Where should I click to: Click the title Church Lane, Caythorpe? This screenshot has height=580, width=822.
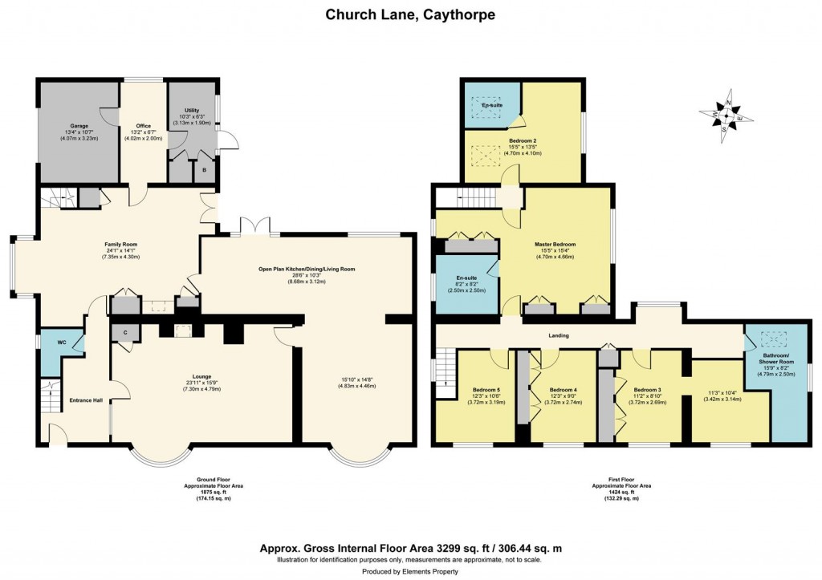(410, 14)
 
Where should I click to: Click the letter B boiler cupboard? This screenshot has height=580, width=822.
(204, 171)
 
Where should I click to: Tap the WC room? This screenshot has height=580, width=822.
(60, 343)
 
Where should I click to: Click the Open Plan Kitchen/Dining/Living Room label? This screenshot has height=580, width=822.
(306, 269)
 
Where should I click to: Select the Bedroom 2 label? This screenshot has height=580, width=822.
(522, 140)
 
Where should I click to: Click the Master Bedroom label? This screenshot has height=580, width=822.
(555, 244)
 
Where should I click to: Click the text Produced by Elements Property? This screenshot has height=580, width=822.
(410, 571)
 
